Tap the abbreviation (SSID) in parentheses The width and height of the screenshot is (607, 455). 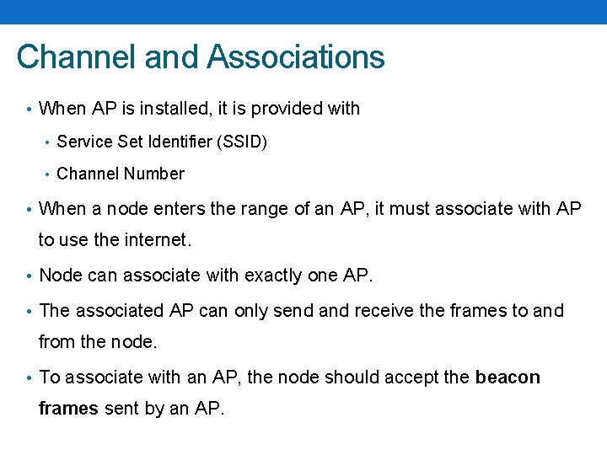(242, 142)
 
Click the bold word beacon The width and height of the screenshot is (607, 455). (508, 377)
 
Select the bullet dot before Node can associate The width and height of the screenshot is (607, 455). (30, 276)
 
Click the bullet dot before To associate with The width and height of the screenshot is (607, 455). (30, 377)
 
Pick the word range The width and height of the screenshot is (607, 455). (265, 209)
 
